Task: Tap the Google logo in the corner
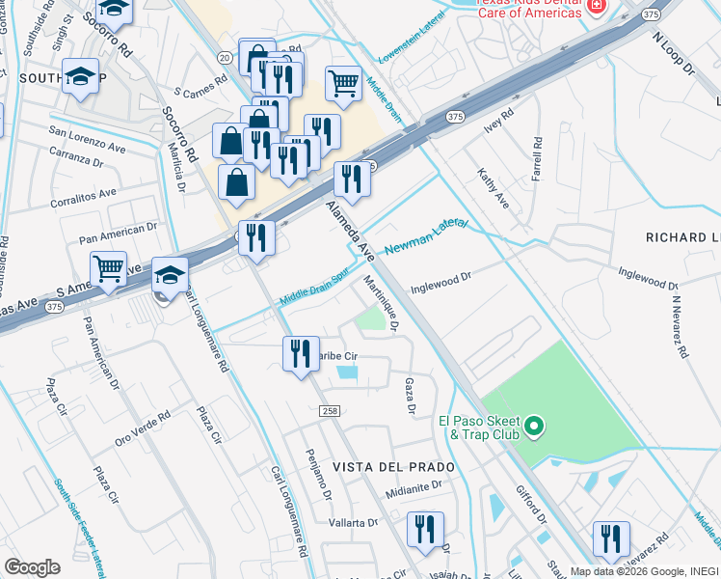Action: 32,567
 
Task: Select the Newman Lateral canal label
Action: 425,238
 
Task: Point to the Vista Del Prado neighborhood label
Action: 392,466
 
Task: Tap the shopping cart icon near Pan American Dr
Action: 108,269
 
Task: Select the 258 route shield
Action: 330,410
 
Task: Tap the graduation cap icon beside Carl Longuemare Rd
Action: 170,277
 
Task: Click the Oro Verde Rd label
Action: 143,426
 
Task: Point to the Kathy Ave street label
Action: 494,187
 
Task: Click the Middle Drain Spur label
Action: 312,289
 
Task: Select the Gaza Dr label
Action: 410,397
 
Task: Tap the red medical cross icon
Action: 597,6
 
